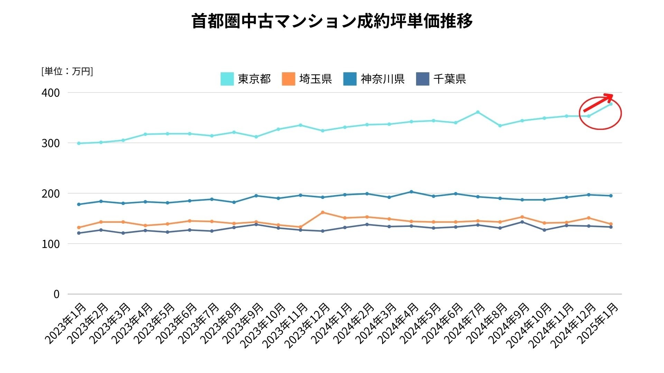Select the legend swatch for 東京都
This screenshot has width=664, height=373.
(227, 79)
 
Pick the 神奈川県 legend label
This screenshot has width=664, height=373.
(382, 79)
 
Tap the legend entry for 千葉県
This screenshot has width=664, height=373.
(449, 79)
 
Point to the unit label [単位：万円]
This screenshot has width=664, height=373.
(67, 71)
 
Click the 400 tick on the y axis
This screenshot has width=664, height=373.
(50, 93)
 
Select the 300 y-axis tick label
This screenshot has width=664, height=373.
(50, 143)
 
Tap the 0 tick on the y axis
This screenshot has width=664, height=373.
(56, 294)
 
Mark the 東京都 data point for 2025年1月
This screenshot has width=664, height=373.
(611, 104)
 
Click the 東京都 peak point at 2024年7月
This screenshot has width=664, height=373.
(478, 112)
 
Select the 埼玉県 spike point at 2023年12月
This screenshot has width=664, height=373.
(322, 212)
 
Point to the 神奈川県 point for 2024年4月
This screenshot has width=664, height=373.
(411, 192)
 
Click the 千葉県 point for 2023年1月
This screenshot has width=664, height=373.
(79, 233)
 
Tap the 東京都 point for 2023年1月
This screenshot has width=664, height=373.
(79, 143)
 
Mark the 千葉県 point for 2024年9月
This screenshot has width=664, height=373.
(522, 222)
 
